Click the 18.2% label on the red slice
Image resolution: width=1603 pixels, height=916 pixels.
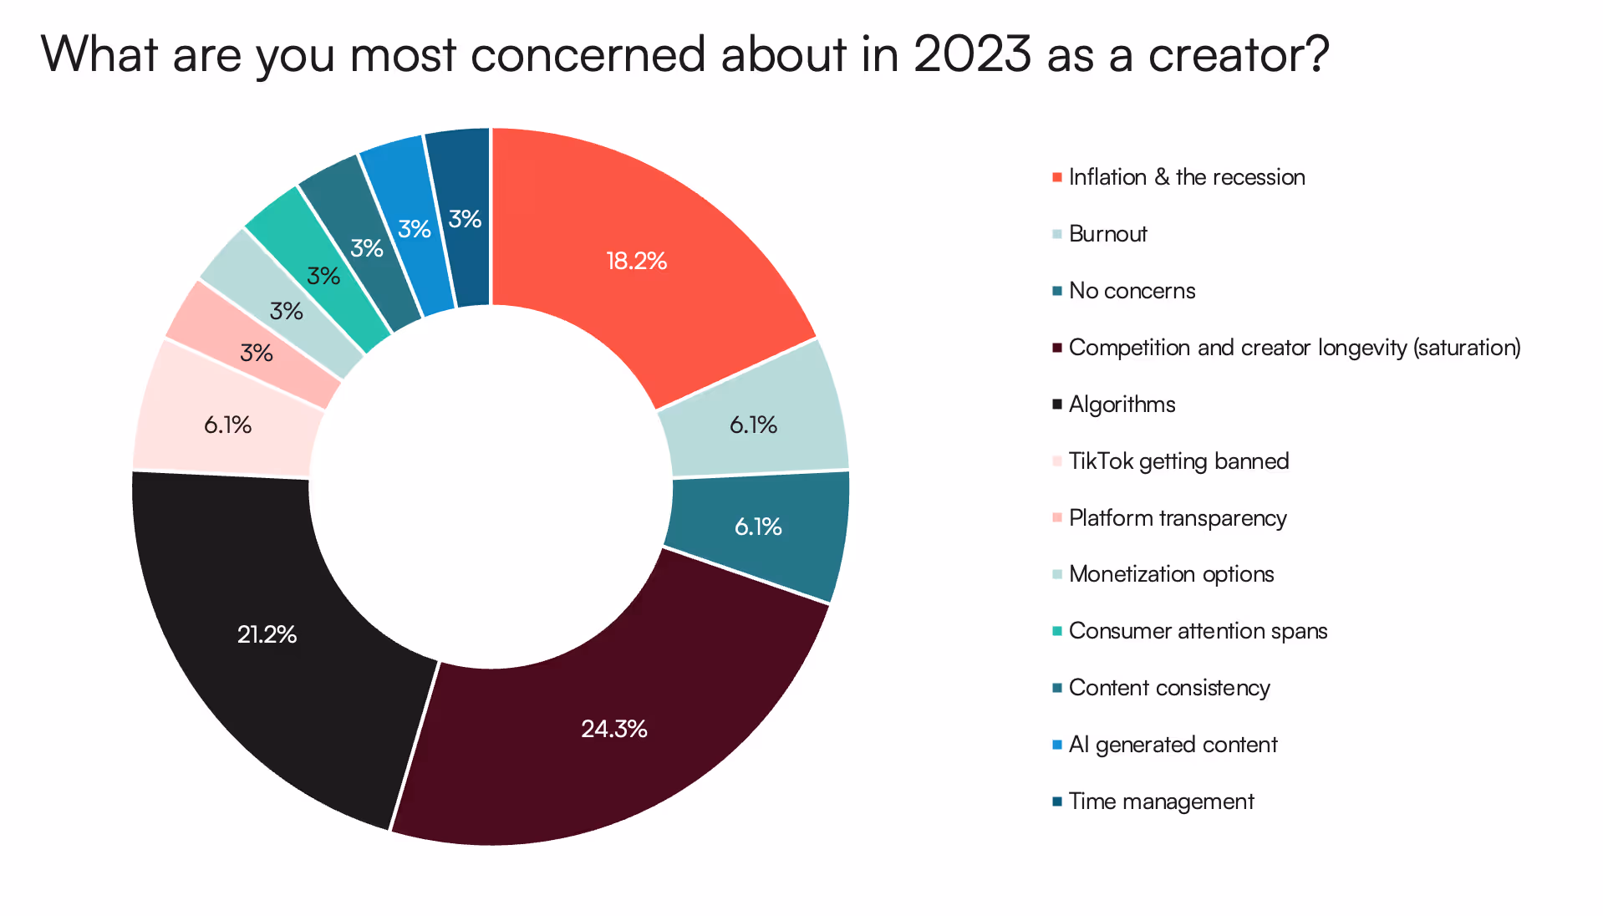click(x=636, y=261)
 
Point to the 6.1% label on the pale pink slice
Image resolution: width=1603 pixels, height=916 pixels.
click(x=227, y=425)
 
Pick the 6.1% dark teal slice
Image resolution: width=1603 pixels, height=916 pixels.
click(x=757, y=527)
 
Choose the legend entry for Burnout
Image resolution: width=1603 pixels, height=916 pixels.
click(x=1107, y=234)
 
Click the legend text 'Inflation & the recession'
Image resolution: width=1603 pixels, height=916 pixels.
click(x=1186, y=177)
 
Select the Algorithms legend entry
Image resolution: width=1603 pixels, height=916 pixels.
click(x=1122, y=405)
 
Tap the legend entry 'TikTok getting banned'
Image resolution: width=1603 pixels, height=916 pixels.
click(x=1178, y=461)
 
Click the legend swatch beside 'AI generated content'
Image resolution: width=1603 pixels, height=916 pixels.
click(x=1057, y=745)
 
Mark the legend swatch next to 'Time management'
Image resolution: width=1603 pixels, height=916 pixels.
click(x=1057, y=801)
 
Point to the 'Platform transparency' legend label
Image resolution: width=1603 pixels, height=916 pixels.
click(x=1177, y=518)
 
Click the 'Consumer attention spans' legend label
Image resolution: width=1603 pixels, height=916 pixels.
click(x=1198, y=631)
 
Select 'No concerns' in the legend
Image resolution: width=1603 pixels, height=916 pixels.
click(x=1132, y=291)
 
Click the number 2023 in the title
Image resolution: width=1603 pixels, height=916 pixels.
click(x=972, y=55)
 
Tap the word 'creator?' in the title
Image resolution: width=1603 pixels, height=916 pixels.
click(x=1238, y=55)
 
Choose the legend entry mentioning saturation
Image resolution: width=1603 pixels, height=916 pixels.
click(x=1294, y=348)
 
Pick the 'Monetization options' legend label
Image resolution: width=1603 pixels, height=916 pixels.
click(x=1171, y=574)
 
